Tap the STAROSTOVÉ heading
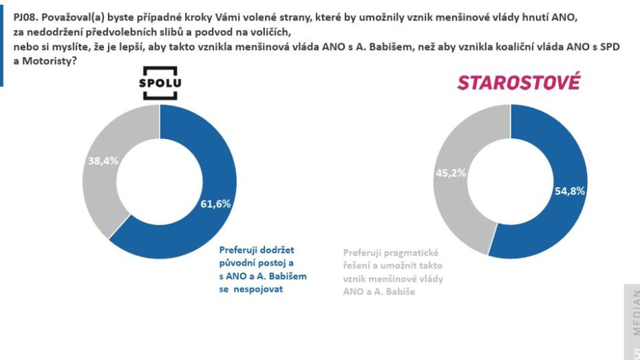tap(518, 83)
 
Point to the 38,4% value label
tap(103, 160)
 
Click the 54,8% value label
tap(569, 191)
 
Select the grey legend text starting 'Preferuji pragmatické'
tap(393, 272)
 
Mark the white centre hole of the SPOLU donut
tap(159, 182)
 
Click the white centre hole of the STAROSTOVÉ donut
tap(511, 181)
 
